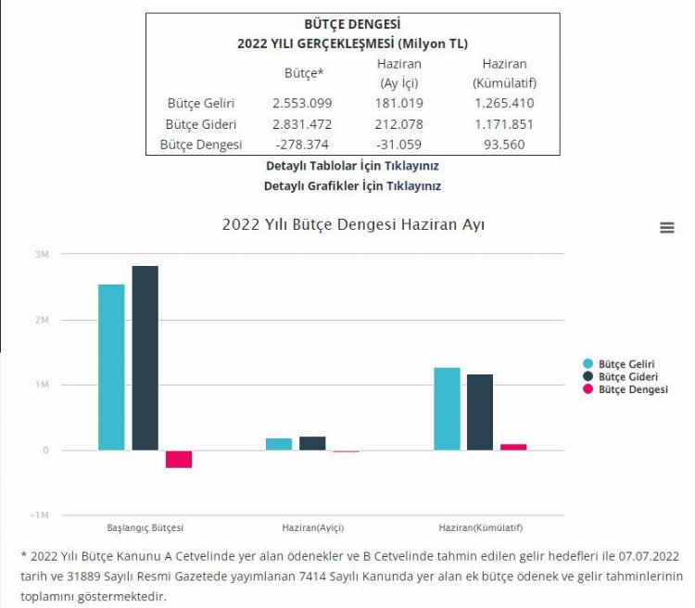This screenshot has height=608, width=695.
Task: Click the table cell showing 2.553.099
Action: point(302,103)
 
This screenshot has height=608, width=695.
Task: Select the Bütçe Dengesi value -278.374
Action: point(302,145)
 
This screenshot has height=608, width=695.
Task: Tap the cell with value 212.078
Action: point(400,124)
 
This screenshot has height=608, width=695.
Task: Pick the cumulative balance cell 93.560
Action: point(504,145)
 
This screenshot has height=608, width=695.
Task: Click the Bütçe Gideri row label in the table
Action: point(201,124)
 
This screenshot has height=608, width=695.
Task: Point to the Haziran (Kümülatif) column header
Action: point(504,73)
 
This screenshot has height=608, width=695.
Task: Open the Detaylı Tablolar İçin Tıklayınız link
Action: point(352,166)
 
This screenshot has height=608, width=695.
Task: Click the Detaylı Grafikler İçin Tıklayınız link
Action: point(352,185)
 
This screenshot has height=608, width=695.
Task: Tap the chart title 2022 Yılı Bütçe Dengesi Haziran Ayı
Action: point(353,225)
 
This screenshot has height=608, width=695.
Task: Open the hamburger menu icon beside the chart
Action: point(667,228)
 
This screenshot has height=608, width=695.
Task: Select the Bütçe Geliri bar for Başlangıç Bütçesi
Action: point(111,367)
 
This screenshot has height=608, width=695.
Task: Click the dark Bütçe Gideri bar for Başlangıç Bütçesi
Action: point(145,358)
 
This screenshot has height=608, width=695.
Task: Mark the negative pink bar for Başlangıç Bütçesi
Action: point(179,459)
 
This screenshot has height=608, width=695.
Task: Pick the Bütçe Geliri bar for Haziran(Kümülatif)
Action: point(447,409)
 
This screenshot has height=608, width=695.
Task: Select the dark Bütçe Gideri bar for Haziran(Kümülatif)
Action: point(480,412)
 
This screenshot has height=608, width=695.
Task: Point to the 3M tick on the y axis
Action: point(42,254)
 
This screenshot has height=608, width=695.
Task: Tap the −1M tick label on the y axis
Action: point(39,515)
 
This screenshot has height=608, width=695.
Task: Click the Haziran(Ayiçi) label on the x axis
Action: point(313,527)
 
